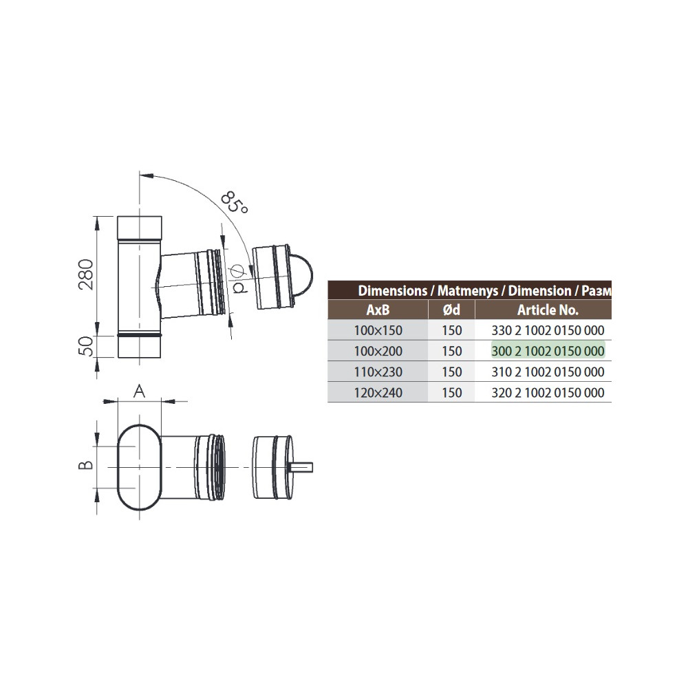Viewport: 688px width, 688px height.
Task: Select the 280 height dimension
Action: point(86,275)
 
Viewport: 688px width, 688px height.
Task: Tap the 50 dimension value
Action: point(86,347)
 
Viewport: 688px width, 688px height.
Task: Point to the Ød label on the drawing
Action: point(239,279)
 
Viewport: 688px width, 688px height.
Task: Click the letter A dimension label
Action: point(138,391)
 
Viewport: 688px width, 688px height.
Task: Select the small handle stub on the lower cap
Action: point(303,467)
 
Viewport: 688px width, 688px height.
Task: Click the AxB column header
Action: point(377,310)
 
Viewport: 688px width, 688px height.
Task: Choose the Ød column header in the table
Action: point(452,310)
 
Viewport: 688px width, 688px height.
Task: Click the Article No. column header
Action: point(548,310)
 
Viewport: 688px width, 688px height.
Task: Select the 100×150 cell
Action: point(377,330)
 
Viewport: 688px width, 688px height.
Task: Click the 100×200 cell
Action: point(377,351)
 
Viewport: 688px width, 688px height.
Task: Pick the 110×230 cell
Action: point(377,372)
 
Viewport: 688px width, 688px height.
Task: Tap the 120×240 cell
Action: point(377,393)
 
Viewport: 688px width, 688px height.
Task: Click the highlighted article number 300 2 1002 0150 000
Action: point(548,351)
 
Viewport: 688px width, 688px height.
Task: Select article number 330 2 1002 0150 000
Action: point(548,330)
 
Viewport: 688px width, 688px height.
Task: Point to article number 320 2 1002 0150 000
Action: point(548,393)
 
